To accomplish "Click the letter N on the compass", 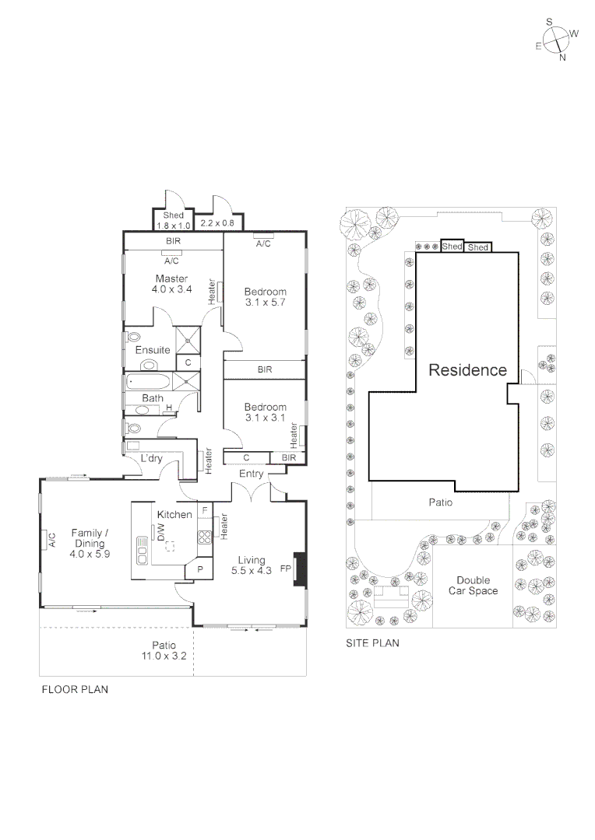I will [562, 58].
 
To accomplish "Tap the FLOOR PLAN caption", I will [74, 689].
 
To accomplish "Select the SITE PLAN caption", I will [372, 643].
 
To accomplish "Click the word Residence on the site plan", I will [467, 370].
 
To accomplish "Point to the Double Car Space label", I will [474, 586].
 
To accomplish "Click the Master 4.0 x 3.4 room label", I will [171, 284].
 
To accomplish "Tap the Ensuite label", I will [153, 350].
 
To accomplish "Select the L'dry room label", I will [151, 458].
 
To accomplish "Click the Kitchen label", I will [174, 515].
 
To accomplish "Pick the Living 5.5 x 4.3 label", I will [252, 565].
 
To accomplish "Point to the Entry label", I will [252, 474].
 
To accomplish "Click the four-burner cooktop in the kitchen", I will [205, 537].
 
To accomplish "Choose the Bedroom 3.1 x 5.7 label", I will [265, 297].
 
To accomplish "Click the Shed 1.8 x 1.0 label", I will [172, 220].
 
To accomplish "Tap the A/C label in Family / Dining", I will [51, 539].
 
